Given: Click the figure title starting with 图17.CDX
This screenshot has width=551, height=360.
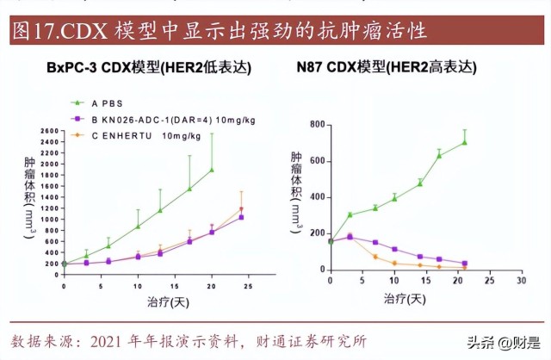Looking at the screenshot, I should pyautogui.click(x=220, y=32).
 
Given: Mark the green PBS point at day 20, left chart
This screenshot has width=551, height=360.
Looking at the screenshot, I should pyautogui.click(x=212, y=170).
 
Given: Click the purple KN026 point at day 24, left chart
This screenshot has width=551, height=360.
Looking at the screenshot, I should pyautogui.click(x=241, y=217).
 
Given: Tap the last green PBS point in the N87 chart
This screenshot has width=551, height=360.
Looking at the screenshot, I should pyautogui.click(x=465, y=142).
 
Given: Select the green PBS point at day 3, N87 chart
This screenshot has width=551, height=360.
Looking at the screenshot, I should pyautogui.click(x=350, y=214).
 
